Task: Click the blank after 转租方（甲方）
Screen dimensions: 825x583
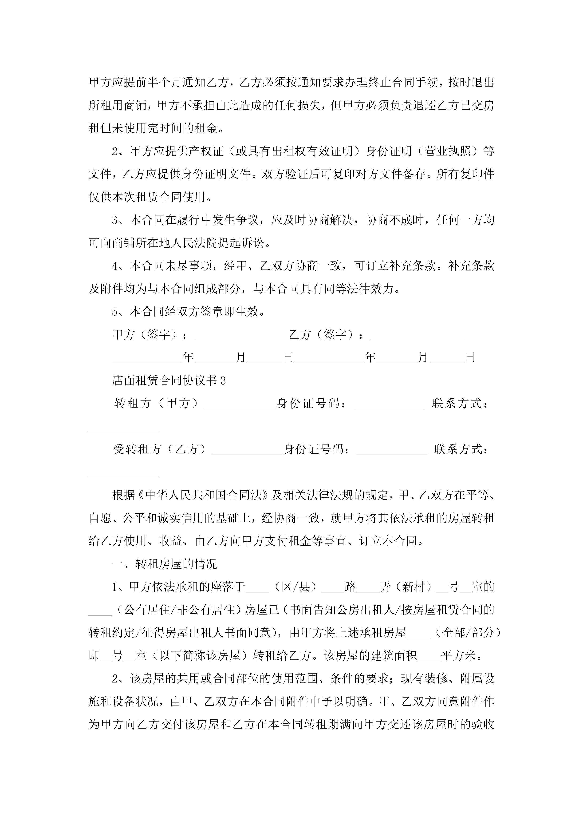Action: [240, 406]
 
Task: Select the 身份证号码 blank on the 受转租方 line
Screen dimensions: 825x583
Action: [392, 452]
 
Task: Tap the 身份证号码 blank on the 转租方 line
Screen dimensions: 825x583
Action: [389, 406]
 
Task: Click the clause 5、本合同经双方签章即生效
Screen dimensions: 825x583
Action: [188, 312]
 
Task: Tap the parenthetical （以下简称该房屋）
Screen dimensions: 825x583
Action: [200, 656]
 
